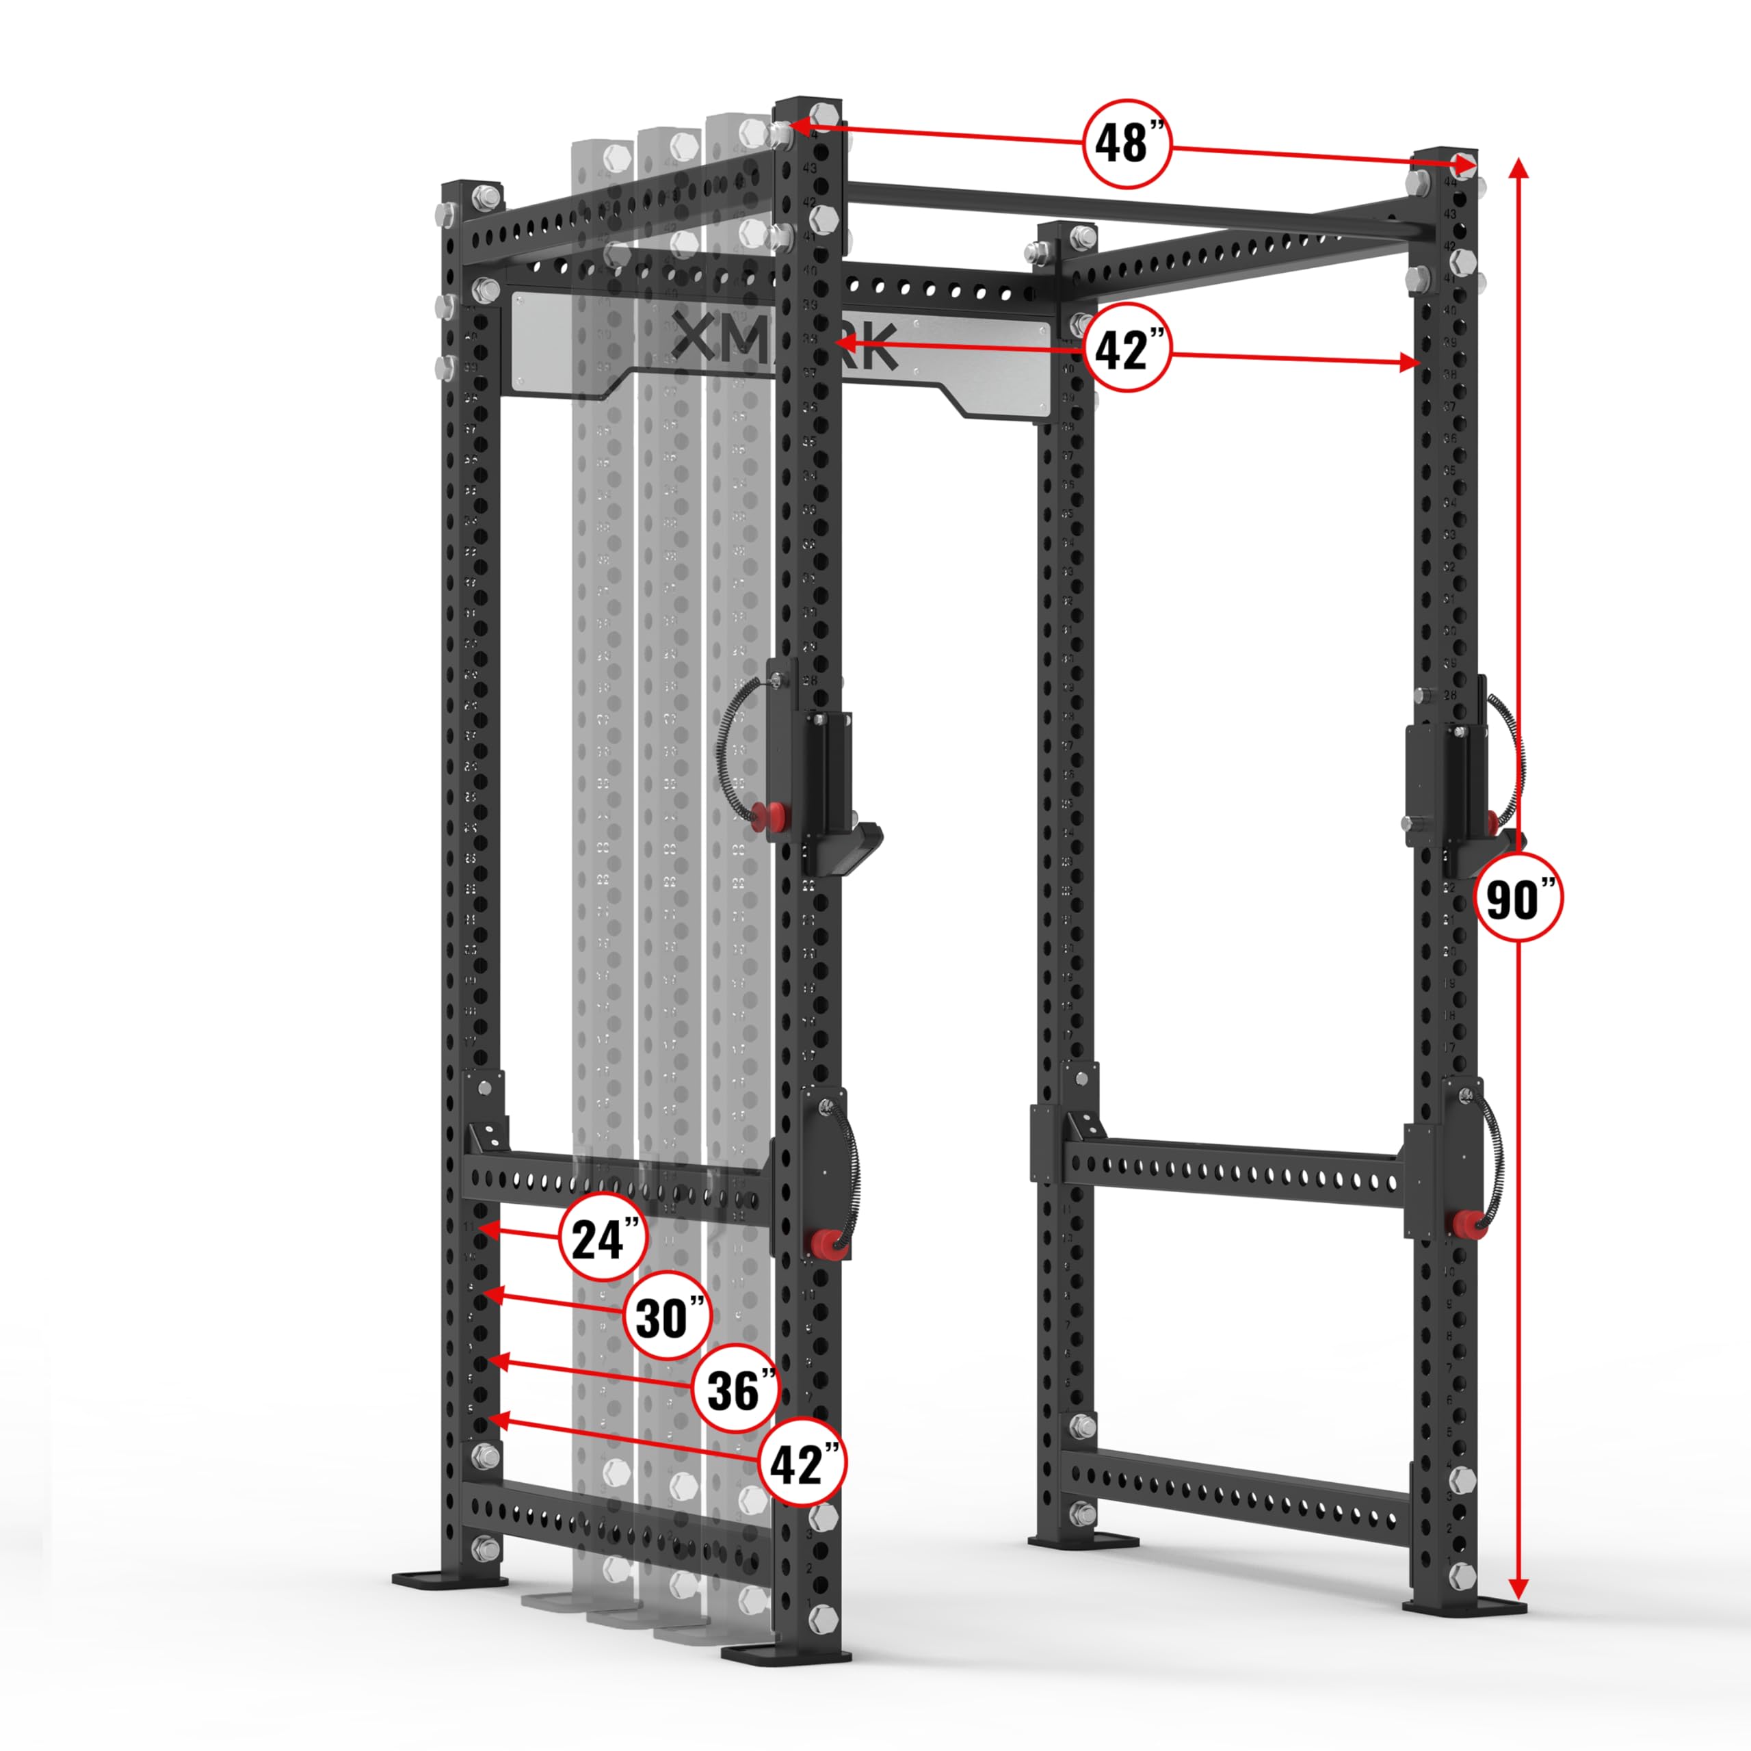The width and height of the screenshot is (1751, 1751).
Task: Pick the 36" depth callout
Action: [735, 1389]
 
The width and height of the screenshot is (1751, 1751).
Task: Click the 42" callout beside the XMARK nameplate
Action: [1127, 349]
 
